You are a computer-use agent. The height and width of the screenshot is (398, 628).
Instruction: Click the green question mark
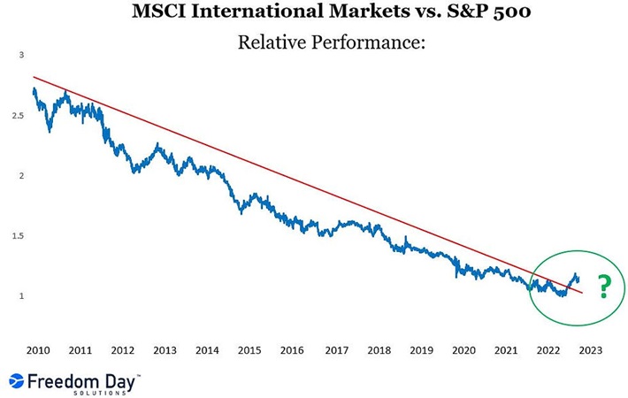pyautogui.click(x=604, y=287)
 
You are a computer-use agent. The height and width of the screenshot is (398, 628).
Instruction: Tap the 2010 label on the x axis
pyautogui.click(x=36, y=349)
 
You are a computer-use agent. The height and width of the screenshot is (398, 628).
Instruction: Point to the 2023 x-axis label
pyautogui.click(x=590, y=349)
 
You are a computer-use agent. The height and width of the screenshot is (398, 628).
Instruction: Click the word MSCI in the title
pyautogui.click(x=160, y=12)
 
